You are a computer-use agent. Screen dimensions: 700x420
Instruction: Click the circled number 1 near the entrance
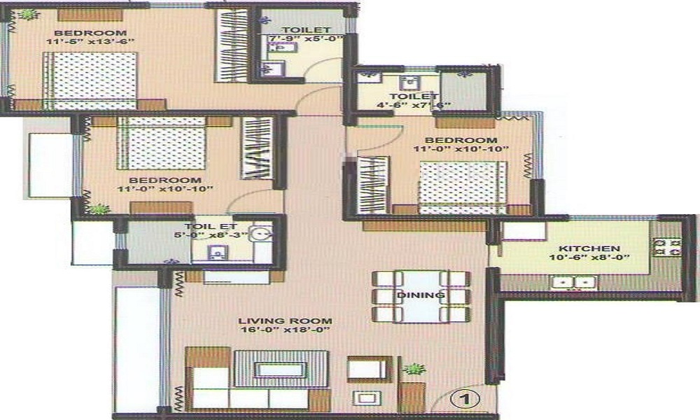point(465,398)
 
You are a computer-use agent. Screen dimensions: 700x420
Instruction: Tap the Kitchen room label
point(589,248)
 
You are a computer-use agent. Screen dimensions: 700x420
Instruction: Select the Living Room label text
point(285,321)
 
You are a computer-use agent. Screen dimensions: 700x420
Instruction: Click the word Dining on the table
point(421,295)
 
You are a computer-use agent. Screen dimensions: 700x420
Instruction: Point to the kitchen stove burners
point(667,247)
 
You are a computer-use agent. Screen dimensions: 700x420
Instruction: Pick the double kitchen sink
point(574,283)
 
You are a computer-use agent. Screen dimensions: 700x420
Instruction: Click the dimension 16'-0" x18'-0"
point(284,330)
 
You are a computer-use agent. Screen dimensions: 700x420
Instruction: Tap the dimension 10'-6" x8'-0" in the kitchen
point(589,258)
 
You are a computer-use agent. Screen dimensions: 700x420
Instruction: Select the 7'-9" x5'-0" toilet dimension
point(305,38)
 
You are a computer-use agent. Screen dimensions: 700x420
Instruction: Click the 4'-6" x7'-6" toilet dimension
point(414,105)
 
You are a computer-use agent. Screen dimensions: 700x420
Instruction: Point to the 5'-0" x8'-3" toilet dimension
point(211,235)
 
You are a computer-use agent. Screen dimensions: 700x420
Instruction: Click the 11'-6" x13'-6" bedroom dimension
point(90,41)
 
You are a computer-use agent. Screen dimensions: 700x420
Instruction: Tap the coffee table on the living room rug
point(281,370)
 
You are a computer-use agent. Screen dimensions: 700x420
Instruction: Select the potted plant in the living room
point(414,369)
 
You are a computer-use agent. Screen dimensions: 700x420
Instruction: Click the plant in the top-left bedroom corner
point(29,14)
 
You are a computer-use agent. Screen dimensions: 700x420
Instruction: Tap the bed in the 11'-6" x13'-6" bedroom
point(90,80)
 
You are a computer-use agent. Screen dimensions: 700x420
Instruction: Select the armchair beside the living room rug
point(370,370)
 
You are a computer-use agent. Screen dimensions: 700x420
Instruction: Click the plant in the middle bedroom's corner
point(99,209)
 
